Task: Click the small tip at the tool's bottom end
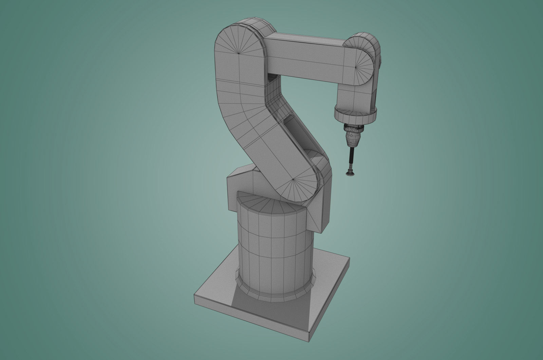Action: (349, 174)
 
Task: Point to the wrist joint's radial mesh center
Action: (356, 67)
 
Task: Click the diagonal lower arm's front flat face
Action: (271, 149)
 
